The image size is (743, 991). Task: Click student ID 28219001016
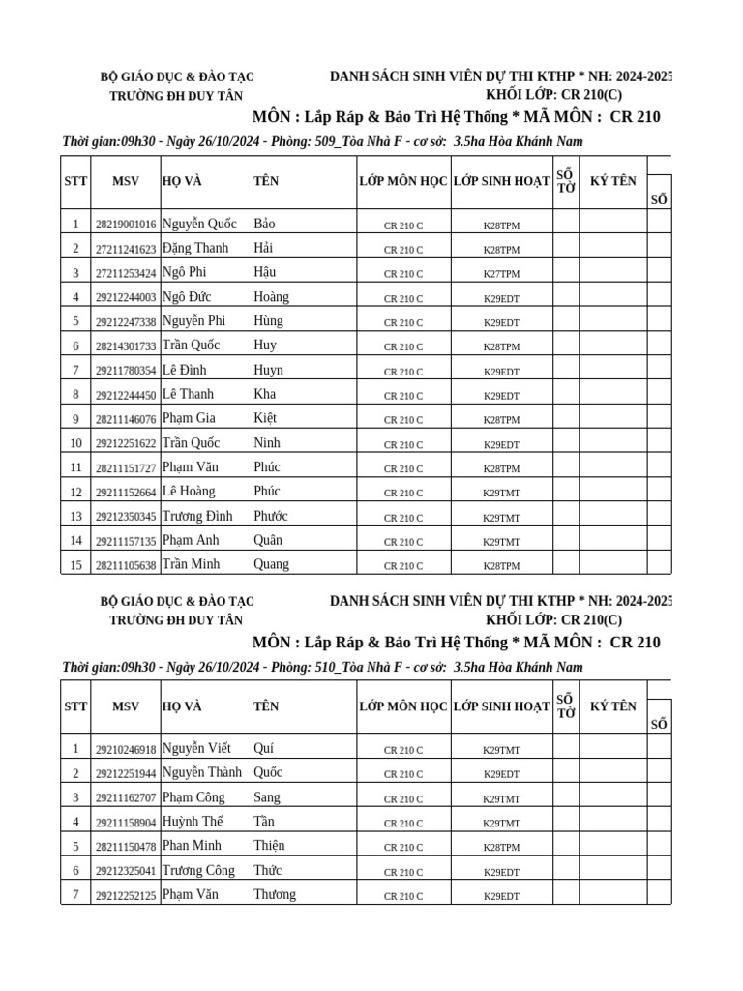click(126, 225)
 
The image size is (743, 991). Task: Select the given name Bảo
click(264, 224)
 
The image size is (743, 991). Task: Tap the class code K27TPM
click(501, 274)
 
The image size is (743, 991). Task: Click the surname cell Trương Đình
click(197, 516)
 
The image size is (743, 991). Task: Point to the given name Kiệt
click(265, 418)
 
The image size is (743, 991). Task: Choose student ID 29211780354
click(126, 371)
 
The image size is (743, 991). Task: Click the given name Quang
click(271, 564)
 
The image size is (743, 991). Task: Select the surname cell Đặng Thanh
click(195, 248)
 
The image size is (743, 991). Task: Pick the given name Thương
click(275, 894)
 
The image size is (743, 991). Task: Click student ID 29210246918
click(126, 750)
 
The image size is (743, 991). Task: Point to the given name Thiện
click(269, 845)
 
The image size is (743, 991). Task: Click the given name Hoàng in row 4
click(271, 297)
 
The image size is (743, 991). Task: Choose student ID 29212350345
click(126, 517)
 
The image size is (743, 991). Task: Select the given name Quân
click(268, 540)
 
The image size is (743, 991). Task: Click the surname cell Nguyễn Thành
click(202, 772)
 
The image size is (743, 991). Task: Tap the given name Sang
click(267, 797)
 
